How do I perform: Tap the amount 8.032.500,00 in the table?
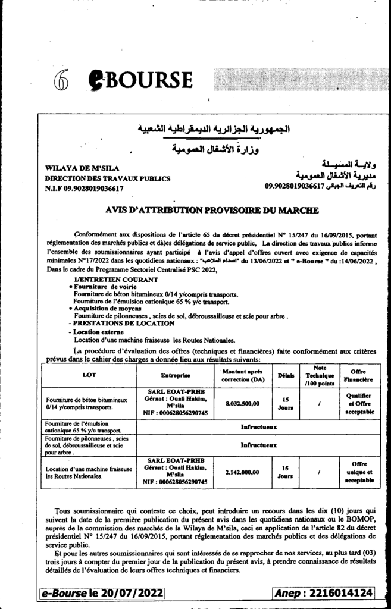coord(237,403)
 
